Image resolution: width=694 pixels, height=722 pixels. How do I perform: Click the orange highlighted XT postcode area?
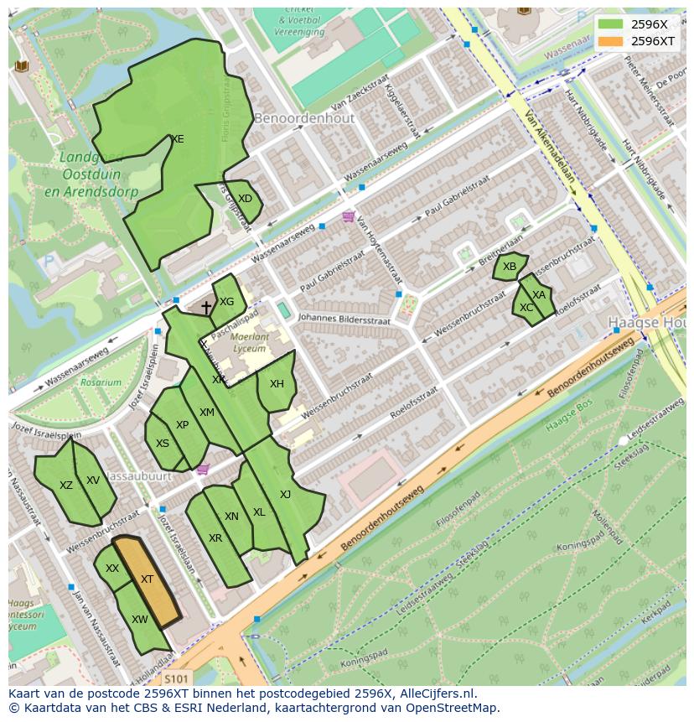(148, 580)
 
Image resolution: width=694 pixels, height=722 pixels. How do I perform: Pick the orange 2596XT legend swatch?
(612, 40)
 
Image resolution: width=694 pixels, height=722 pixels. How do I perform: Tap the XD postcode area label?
(245, 199)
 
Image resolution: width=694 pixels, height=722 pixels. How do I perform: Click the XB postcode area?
(510, 267)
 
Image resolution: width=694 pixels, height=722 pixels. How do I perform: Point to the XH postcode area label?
(277, 384)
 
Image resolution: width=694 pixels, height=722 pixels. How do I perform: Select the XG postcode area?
(226, 302)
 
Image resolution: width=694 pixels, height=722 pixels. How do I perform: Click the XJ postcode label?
(285, 494)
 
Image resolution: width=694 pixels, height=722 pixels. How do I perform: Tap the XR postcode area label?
(215, 538)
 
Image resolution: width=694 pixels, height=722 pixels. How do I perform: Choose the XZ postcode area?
(65, 485)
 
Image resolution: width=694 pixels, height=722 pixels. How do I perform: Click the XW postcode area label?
(140, 620)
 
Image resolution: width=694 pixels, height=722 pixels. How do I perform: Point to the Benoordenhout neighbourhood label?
(304, 118)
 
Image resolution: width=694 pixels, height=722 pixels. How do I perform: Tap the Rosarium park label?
(101, 382)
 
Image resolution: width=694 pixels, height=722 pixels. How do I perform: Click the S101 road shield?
(176, 678)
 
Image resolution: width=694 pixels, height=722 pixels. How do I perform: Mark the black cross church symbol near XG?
(206, 308)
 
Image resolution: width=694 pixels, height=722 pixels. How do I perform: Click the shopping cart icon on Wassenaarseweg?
(348, 217)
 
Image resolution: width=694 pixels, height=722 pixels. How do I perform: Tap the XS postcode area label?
(163, 444)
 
